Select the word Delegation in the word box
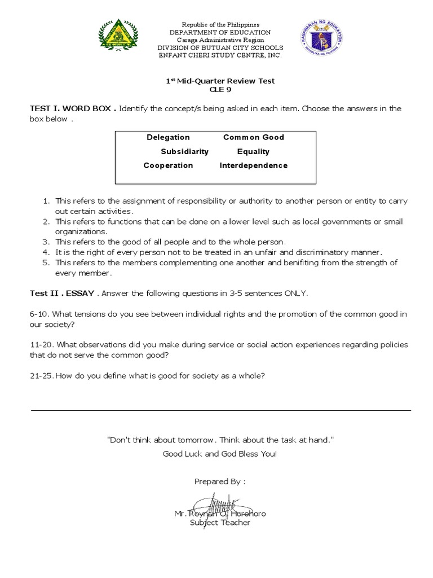168,137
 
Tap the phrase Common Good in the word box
253,137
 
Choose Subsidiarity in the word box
184,151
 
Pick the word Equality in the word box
253,151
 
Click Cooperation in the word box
168,165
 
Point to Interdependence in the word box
253,165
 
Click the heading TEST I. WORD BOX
73,108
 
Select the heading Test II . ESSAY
62,294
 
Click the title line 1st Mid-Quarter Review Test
220,81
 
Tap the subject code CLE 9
220,89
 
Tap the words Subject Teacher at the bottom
220,523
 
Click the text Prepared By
220,481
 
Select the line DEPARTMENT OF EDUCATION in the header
220,33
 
